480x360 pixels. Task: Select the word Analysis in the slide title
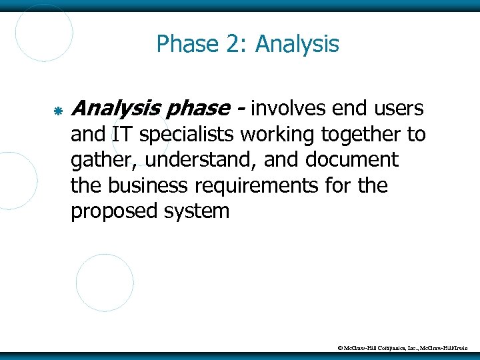[x=297, y=45]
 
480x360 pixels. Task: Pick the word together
[x=362, y=135]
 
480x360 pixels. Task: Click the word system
[x=199, y=212]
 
